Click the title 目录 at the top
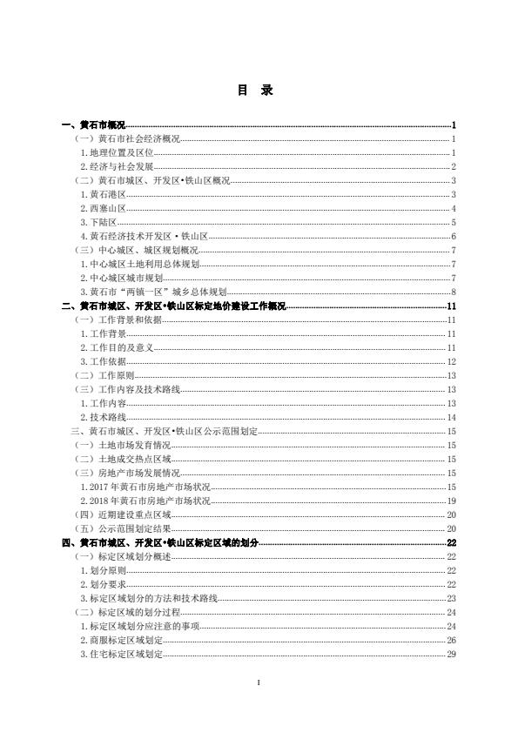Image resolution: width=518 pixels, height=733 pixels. click(x=259, y=90)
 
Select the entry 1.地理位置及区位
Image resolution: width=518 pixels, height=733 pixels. click(x=117, y=153)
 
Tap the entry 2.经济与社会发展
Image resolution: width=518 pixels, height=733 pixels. click(x=117, y=167)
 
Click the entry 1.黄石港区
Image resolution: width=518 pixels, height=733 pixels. click(x=103, y=195)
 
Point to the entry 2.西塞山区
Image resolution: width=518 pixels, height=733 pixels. click(x=103, y=209)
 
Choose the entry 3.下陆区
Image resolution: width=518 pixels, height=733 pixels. click(x=98, y=223)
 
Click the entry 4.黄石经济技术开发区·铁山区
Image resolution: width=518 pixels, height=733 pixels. click(x=144, y=237)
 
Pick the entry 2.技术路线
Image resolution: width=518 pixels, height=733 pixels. click(x=103, y=417)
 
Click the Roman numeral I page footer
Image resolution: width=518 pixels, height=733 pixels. click(x=259, y=681)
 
